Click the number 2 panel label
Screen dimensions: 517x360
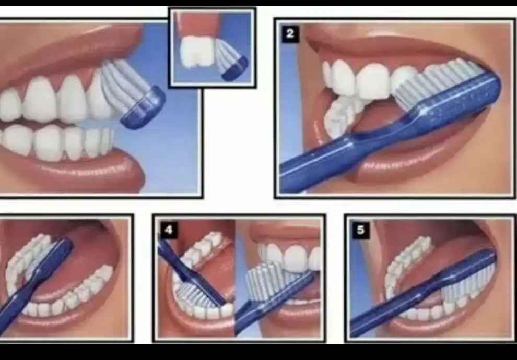pos(290,33)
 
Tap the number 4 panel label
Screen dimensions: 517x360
pos(169,230)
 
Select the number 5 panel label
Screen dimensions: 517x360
pos(360,230)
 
